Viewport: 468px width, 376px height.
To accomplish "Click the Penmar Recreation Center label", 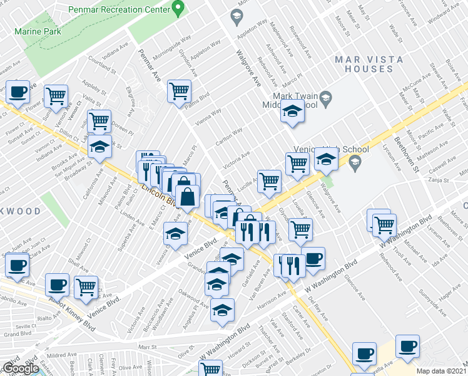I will [x=128, y=10].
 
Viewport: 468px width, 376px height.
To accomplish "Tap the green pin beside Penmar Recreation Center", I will [x=178, y=9].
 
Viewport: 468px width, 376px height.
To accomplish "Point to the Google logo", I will [x=21, y=368].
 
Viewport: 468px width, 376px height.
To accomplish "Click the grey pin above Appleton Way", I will [x=237, y=16].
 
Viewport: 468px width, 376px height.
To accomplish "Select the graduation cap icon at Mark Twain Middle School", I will [x=292, y=113].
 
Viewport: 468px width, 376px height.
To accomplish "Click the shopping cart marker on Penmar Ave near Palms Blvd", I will [x=179, y=91].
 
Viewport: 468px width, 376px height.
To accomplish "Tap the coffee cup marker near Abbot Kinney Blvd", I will [x=58, y=286].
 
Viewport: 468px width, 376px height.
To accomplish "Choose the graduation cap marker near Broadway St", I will [x=99, y=147].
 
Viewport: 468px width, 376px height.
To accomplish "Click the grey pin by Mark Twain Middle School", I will [x=326, y=98].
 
